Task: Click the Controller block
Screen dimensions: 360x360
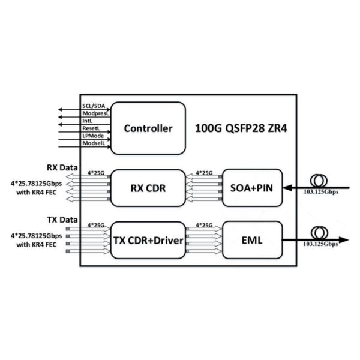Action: pos(148,128)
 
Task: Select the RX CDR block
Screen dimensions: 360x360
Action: pos(147,188)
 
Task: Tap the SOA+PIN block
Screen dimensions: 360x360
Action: pos(251,188)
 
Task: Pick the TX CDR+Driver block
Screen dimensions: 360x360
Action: pos(147,240)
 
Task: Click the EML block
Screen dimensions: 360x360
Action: pos(251,240)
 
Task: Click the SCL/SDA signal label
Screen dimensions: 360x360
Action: pos(93,106)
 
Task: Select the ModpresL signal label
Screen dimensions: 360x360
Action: pos(94,113)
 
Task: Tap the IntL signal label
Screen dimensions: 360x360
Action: pos(88,120)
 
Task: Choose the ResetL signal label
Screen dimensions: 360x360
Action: pos(91,127)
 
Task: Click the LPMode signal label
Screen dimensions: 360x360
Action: pos(92,134)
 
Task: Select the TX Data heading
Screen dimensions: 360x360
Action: pos(62,220)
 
